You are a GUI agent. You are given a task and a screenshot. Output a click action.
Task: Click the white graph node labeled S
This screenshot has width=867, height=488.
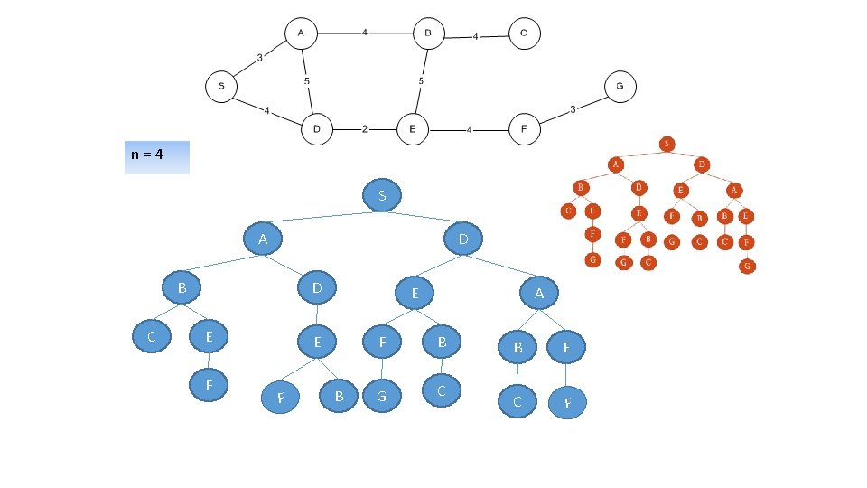(221, 88)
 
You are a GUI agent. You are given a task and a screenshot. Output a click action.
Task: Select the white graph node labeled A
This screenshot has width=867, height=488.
(301, 34)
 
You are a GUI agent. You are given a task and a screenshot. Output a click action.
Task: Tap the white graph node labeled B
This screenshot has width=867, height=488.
(429, 34)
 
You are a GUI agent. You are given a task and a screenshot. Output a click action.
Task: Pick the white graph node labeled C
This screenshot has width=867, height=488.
(524, 34)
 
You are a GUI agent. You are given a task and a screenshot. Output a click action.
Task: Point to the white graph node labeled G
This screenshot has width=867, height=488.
(620, 87)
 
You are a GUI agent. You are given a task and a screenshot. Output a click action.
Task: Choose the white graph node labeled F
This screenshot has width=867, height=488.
(524, 129)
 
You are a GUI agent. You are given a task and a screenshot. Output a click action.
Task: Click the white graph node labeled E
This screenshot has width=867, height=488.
(413, 129)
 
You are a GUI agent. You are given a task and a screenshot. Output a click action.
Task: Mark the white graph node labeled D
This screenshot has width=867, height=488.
(317, 129)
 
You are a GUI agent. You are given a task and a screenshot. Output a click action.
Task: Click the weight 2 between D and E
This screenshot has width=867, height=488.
(364, 129)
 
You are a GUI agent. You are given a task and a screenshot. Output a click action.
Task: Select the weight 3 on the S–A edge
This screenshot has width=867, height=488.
(259, 58)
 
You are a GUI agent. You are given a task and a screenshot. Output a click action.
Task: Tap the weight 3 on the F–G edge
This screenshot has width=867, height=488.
(573, 109)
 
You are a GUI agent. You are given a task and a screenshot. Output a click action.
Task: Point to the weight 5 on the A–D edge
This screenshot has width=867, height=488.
(307, 81)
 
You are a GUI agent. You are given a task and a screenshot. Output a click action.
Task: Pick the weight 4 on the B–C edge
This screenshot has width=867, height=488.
(476, 37)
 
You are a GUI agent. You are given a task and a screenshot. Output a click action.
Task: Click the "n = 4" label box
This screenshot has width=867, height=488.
(157, 155)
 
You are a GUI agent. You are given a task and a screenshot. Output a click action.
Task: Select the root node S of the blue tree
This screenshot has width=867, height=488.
(383, 195)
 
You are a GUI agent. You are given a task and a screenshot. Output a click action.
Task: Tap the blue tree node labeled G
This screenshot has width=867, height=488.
(382, 396)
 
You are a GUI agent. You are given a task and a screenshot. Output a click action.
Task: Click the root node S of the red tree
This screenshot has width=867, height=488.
(667, 144)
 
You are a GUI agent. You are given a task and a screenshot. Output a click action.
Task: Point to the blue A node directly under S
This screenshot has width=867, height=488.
(263, 239)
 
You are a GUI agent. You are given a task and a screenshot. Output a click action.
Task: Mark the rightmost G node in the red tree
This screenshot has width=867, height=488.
(748, 267)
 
